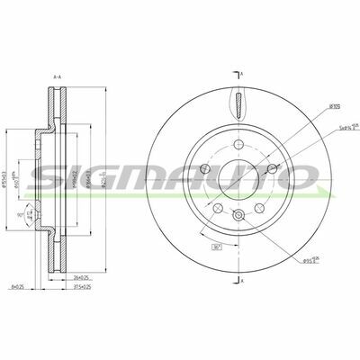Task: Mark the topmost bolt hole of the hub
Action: point(238,146)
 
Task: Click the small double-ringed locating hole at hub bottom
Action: point(238,213)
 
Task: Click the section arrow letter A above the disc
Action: point(241,72)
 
